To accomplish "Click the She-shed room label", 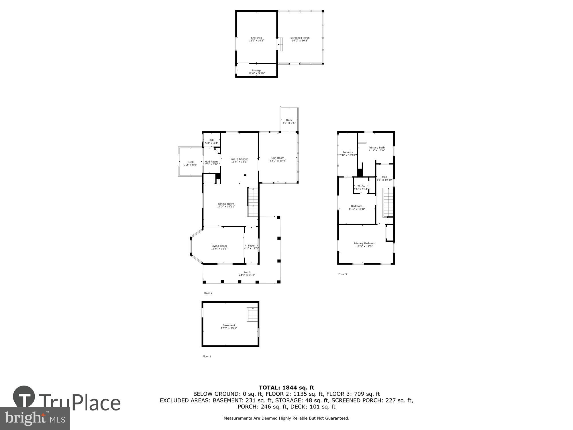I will (x=256, y=38).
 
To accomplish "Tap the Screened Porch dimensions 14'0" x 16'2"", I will (x=300, y=41).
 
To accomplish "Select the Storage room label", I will (x=256, y=71).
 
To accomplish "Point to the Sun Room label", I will (x=278, y=158).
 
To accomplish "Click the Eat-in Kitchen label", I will (x=239, y=159).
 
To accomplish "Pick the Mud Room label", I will (x=211, y=162).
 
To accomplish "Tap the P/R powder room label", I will (x=211, y=140).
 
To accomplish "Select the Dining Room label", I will (x=226, y=204).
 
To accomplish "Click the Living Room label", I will (x=219, y=246).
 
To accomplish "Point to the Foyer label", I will (x=251, y=246).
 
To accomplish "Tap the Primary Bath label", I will (x=376, y=148).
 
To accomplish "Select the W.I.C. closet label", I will (x=361, y=186).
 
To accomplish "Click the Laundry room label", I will (x=348, y=152).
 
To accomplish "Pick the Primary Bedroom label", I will (x=364, y=243).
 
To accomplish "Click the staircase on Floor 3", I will (x=388, y=202).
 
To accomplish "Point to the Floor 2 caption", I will (x=208, y=293).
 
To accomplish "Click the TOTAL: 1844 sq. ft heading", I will (x=286, y=388).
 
